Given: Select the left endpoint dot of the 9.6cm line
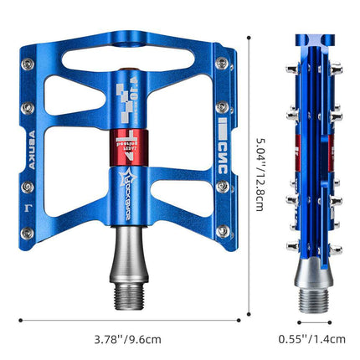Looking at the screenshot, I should click(x=22, y=318).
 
